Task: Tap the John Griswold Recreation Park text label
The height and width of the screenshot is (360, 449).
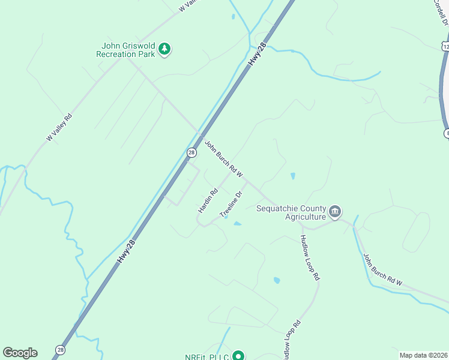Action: (x=126, y=50)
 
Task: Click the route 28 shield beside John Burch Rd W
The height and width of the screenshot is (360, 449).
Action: (x=191, y=152)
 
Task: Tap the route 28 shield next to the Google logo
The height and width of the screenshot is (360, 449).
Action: (x=60, y=350)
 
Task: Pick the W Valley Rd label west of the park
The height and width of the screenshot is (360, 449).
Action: (x=59, y=127)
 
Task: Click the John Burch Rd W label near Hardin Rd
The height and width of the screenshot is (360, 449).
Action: (x=223, y=159)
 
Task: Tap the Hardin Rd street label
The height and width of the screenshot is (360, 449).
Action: (x=208, y=201)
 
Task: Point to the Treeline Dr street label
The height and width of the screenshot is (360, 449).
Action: (x=231, y=204)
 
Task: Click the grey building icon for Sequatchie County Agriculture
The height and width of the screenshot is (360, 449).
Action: (x=335, y=212)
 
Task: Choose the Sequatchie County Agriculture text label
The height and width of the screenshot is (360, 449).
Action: (x=291, y=212)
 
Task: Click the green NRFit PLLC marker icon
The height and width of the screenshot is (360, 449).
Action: (x=238, y=356)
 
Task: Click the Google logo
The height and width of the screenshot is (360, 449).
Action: (x=20, y=353)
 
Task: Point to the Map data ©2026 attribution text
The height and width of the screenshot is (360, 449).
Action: (x=423, y=355)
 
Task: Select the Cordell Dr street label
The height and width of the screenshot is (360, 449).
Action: (x=442, y=13)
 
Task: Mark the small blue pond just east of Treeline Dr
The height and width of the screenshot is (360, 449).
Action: (x=238, y=224)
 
